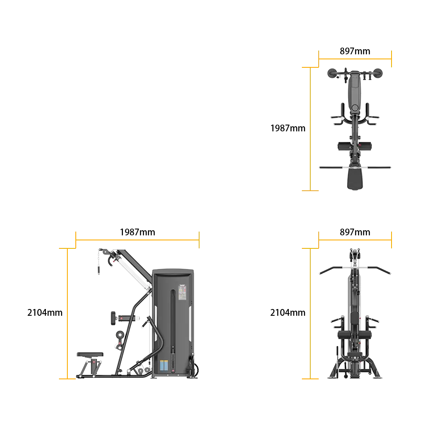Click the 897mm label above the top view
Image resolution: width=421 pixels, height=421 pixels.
354,51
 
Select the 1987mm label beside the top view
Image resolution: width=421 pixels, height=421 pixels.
288,128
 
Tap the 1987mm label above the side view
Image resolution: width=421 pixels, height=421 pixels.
138,232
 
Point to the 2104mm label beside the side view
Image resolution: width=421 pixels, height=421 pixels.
45,312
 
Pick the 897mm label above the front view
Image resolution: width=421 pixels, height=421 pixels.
354,232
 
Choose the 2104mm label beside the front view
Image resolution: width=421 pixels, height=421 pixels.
288,312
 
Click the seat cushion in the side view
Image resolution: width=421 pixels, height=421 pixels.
90,354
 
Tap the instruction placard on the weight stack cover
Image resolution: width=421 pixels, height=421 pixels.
183,292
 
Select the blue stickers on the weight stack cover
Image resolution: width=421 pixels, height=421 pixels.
164,365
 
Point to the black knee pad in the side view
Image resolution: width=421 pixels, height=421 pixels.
113,318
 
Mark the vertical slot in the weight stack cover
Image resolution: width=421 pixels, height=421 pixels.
173,330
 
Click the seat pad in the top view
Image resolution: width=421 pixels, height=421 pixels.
355,179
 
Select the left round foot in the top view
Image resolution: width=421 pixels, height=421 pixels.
333,73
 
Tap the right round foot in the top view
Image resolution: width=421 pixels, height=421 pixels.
377,73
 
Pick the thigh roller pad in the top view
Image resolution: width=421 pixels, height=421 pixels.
354,147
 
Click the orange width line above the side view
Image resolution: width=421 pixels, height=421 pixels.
138,240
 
